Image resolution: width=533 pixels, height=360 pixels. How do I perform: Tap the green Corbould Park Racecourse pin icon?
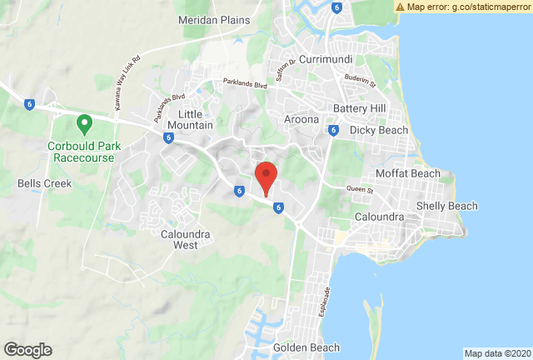(83, 125)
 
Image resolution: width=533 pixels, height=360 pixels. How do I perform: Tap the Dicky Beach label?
(379, 130)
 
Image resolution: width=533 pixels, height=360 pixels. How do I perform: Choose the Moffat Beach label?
(408, 173)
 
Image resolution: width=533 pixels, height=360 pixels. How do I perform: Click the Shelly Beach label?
(446, 206)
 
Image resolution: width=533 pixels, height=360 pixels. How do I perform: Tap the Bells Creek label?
(44, 183)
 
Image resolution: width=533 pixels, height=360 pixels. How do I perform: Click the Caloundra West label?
(179, 240)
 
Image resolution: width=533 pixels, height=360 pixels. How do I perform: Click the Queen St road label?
(360, 190)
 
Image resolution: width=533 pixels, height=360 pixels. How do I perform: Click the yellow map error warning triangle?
(399, 7)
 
